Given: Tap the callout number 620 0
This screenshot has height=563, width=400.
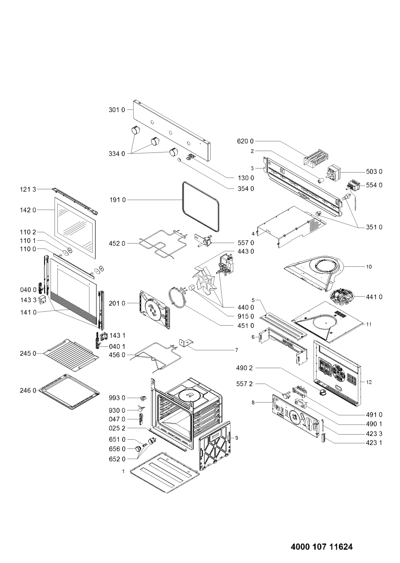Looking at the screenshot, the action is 245,141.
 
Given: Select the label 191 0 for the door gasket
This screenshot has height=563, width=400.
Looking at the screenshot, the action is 117,200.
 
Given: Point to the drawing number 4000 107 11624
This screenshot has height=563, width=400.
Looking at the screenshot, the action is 322,539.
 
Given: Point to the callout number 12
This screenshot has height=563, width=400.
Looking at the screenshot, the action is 369,382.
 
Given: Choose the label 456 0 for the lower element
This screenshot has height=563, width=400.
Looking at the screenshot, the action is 117,354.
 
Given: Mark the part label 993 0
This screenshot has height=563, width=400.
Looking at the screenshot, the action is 117,398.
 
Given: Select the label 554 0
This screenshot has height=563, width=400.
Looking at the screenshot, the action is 374,185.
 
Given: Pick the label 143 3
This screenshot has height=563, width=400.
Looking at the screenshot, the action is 28,300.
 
